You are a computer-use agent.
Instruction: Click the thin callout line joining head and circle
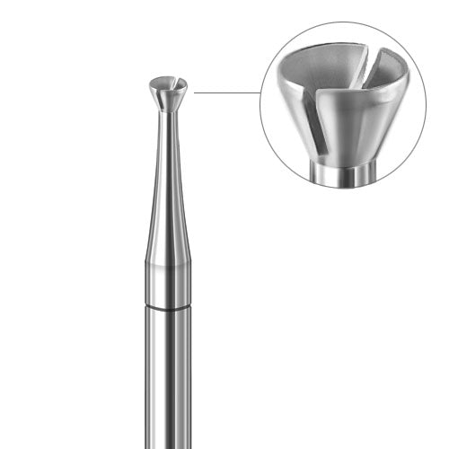(224, 92)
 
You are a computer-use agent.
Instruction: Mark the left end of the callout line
(195, 92)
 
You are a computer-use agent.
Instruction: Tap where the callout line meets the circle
(260, 92)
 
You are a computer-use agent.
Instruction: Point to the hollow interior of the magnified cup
(332, 76)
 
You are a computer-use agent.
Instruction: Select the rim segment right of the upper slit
(395, 76)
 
